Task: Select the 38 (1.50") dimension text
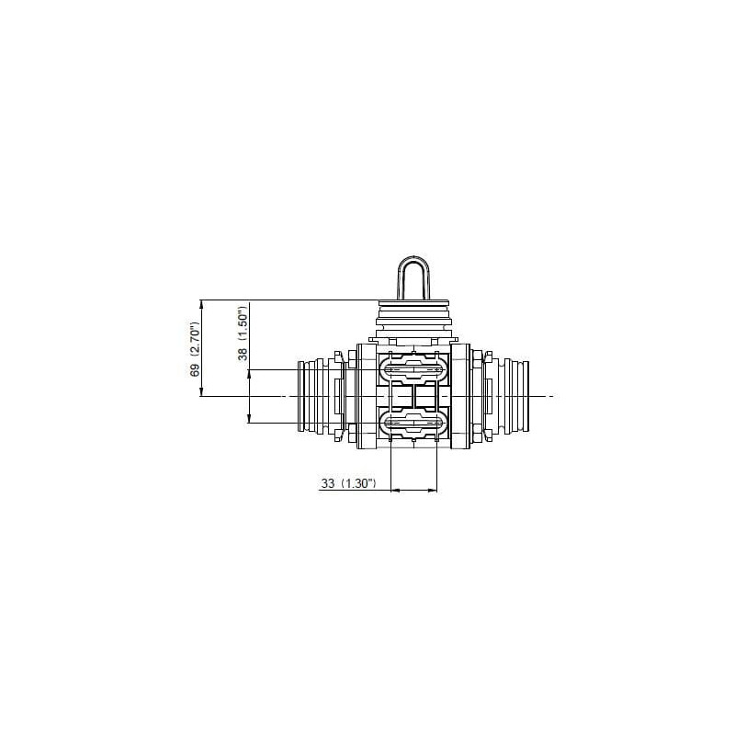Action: [x=243, y=334]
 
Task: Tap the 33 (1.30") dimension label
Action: [x=348, y=483]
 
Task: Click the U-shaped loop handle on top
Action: [x=413, y=277]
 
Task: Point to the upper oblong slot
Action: [x=413, y=369]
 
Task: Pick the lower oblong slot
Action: [x=413, y=424]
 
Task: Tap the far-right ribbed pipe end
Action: [x=514, y=396]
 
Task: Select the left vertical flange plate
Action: [x=366, y=396]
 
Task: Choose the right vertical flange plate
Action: [x=460, y=396]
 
